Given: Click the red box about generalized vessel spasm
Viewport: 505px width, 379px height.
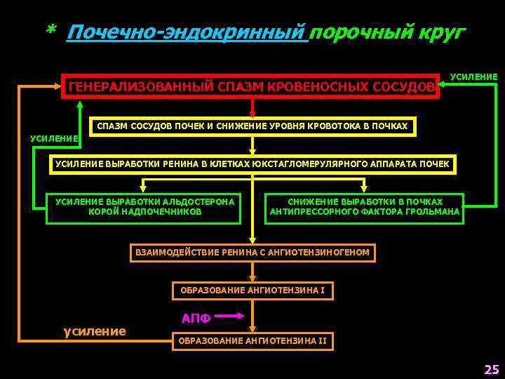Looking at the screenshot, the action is tap(250, 86).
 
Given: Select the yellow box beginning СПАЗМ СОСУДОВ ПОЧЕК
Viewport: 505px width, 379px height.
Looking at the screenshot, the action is tap(252, 126).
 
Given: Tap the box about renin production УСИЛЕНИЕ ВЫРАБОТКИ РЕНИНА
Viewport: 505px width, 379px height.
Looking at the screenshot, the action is tap(252, 164).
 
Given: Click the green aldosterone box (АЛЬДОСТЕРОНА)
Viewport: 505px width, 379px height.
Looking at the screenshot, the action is tap(144, 207).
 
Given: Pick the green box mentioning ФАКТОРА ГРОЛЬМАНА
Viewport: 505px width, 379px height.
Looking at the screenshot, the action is tap(365, 207).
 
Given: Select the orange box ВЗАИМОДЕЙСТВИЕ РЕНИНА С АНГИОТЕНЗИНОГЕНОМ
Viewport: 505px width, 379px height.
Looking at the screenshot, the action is tap(252, 253).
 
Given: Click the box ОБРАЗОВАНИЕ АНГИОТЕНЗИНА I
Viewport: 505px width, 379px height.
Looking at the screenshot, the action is tap(252, 290).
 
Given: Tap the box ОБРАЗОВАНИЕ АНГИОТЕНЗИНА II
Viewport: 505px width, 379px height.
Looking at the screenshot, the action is tap(252, 341).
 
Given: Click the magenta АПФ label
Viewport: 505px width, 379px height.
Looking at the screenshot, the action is tap(196, 318).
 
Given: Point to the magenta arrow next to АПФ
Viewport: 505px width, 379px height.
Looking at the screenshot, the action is tap(229, 317).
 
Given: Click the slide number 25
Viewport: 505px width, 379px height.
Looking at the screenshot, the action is tap(490, 369).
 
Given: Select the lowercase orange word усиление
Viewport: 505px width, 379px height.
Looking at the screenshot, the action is tap(95, 331).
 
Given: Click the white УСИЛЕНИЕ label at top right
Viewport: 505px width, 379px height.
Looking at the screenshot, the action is tap(473, 77).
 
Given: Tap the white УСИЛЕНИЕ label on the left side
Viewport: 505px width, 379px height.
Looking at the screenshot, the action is tap(54, 138).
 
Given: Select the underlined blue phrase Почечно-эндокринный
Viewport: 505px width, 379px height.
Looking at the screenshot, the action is tap(187, 32).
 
